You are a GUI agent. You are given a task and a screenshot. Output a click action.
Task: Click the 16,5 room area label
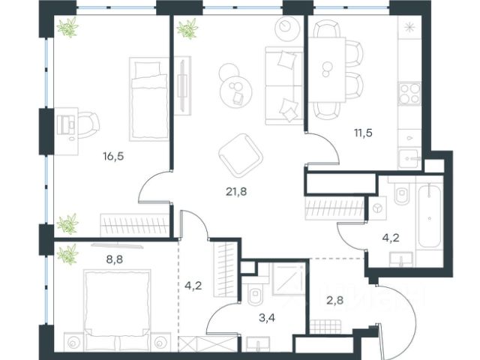113,157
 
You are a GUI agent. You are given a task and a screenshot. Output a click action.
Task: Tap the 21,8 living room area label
236,192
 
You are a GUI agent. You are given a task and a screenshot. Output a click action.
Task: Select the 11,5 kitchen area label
363,133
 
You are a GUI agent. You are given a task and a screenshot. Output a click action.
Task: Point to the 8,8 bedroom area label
114,259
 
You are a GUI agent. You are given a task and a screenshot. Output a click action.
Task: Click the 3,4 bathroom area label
267,318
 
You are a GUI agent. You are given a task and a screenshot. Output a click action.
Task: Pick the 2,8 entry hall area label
334,300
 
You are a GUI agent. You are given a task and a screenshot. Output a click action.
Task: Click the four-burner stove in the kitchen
409,93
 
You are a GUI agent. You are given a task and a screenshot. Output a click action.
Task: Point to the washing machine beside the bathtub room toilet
377,208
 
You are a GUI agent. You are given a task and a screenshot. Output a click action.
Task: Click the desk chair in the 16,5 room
88,124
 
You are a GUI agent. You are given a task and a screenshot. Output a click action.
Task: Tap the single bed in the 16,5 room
149,99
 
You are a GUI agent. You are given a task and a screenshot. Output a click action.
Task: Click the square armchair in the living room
241,155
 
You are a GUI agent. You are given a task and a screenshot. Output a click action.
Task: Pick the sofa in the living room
284,85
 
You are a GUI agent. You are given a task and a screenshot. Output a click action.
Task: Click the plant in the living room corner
187,28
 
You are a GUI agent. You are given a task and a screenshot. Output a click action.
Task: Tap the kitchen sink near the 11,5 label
409,158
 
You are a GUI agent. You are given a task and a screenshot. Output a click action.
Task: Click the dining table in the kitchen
327,70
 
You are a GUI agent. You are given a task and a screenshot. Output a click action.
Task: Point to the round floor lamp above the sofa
287,28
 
